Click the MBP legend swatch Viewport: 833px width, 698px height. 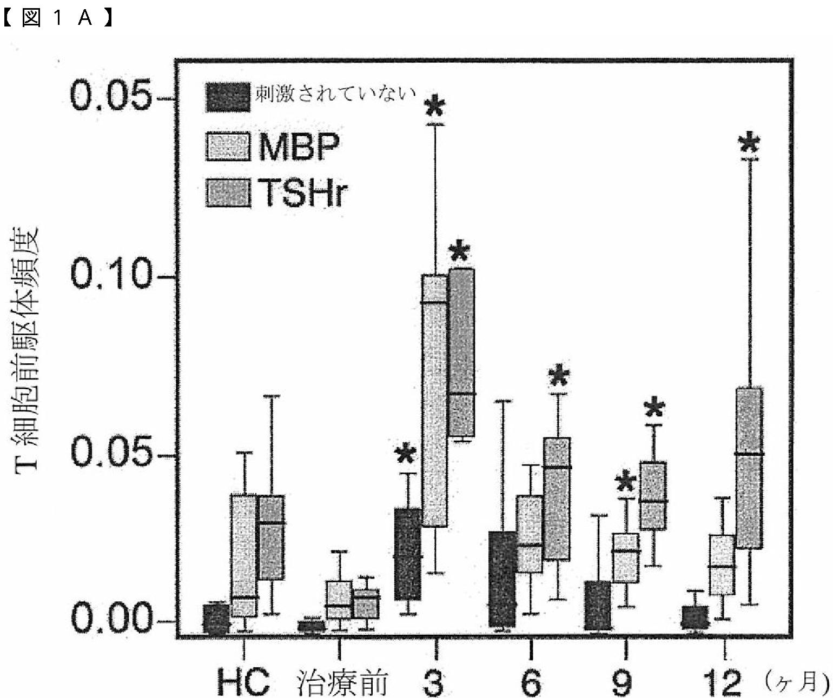[x=228, y=147]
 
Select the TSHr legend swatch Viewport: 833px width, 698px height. [x=228, y=192]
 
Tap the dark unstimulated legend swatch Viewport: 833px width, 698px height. [x=228, y=97]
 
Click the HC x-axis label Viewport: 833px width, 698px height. [x=243, y=682]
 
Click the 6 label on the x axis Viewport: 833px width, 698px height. [x=531, y=682]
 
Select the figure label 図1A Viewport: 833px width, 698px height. [x=58, y=18]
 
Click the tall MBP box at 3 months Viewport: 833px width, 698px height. [x=434, y=401]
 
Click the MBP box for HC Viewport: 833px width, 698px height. [x=244, y=556]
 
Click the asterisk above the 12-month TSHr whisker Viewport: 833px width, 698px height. [x=750, y=144]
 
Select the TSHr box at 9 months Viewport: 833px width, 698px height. [x=653, y=496]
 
